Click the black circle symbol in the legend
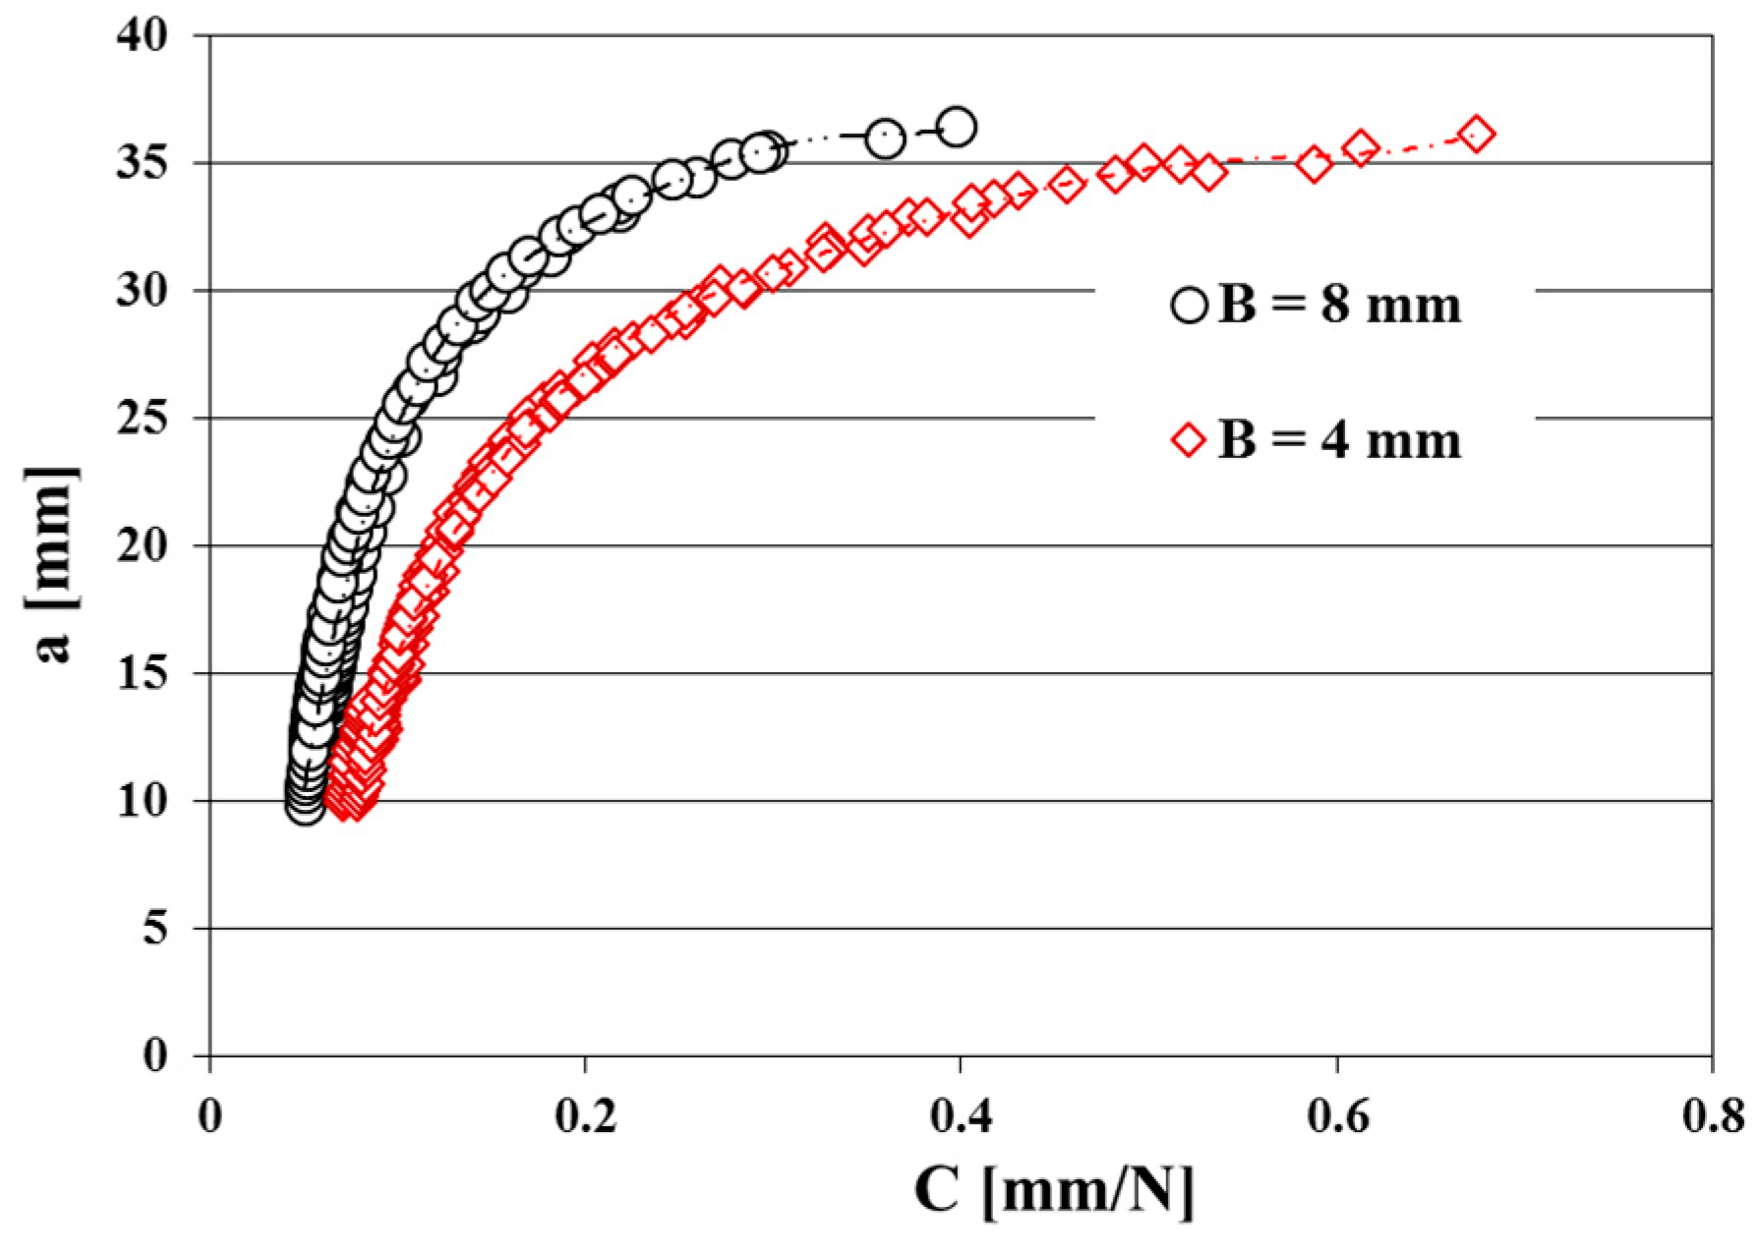1189,306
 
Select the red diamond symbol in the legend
1189,440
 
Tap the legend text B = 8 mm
1339,306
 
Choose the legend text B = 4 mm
1339,440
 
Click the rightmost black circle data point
957,127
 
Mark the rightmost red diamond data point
1477,134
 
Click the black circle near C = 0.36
885,138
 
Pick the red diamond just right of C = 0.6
1361,148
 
